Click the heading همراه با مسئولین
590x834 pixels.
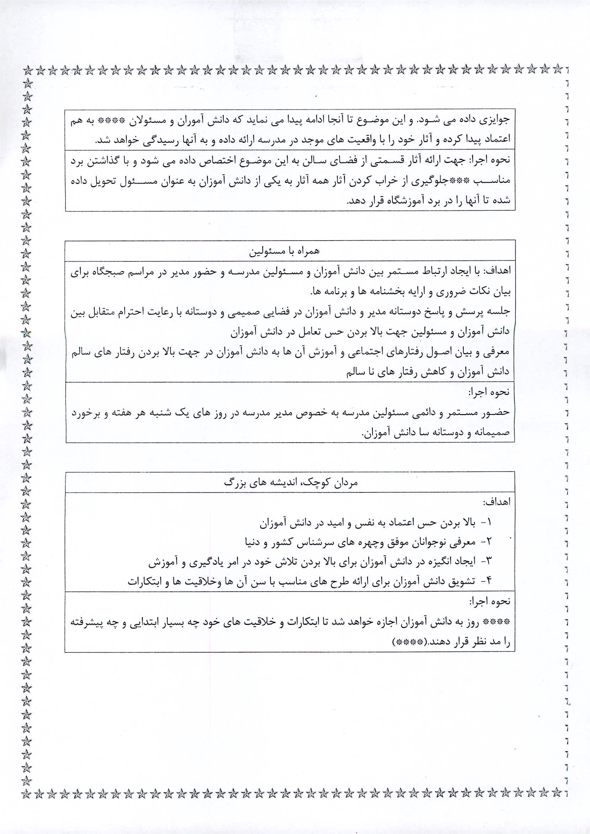[284, 251]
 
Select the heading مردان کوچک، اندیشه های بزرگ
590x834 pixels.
[291, 482]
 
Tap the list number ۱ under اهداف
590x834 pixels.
[488, 523]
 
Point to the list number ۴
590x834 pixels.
[488, 581]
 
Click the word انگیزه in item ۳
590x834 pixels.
[434, 561]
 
